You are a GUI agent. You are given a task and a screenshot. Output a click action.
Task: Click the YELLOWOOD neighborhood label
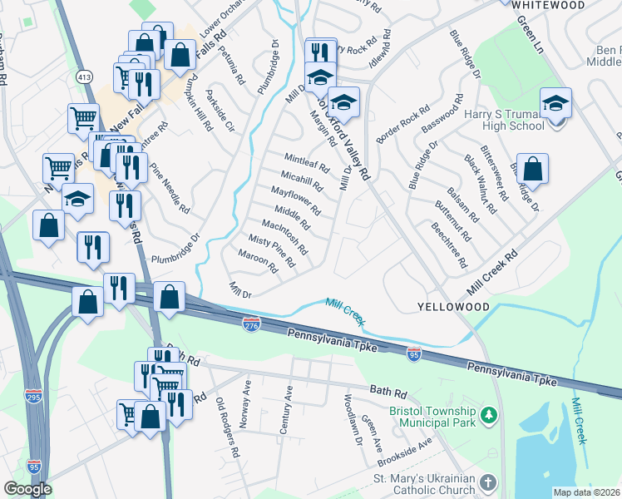pos(452,307)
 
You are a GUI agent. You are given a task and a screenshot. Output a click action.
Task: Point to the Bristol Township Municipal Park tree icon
pos(491,413)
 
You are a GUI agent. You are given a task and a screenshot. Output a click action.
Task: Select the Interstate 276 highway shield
pos(253,322)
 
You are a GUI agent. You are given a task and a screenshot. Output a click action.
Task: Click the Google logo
pos(27,489)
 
